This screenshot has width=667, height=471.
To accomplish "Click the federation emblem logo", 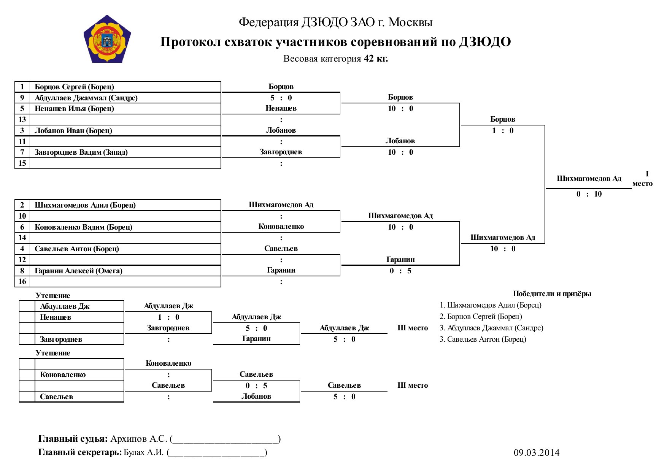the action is pyautogui.click(x=107, y=39).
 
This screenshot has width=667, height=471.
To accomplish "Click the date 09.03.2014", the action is pyautogui.click(x=537, y=452).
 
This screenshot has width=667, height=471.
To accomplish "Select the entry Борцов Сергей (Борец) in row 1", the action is pyautogui.click(x=75, y=87).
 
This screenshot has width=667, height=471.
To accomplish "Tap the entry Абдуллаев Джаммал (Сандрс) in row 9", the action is pyautogui.click(x=86, y=98).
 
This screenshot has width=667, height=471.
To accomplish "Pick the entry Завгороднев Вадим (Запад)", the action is pyautogui.click(x=81, y=152).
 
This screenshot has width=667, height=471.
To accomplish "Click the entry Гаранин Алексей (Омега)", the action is pyautogui.click(x=79, y=271).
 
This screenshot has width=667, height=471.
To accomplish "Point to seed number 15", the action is pyautogui.click(x=22, y=163).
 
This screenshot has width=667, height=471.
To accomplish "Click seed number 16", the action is pyautogui.click(x=22, y=281).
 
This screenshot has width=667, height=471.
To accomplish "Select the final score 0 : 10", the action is pyautogui.click(x=589, y=194).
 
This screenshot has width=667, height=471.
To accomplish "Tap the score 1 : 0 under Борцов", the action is pyautogui.click(x=503, y=130).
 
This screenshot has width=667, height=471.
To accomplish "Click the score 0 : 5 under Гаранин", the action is pyautogui.click(x=400, y=271).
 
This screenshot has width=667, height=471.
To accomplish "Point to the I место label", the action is pyautogui.click(x=643, y=179).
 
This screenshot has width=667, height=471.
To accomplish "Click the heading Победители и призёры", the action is pyautogui.click(x=552, y=293).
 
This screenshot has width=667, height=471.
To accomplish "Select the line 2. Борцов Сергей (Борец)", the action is pyautogui.click(x=481, y=316).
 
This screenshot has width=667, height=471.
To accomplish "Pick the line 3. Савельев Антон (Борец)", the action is pyautogui.click(x=483, y=339).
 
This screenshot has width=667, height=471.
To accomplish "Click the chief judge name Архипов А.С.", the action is pyautogui.click(x=139, y=439).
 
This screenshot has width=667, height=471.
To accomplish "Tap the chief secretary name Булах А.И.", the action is pyautogui.click(x=144, y=452).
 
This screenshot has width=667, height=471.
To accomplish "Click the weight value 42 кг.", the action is pyautogui.click(x=376, y=58).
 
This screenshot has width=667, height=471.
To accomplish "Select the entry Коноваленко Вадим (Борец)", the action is pyautogui.click(x=84, y=227).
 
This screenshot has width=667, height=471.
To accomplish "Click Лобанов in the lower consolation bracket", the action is pyautogui.click(x=256, y=396).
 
